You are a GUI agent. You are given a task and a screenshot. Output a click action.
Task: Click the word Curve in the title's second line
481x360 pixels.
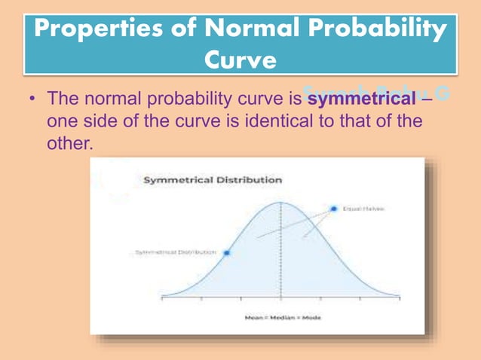240,59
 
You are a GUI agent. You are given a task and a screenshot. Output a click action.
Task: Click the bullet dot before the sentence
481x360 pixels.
30,99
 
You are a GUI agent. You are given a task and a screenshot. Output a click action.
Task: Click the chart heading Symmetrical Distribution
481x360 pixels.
213,180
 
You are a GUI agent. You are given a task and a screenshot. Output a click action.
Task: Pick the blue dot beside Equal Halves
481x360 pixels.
332,208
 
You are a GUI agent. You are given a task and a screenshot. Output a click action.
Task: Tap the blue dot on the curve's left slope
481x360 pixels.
227,252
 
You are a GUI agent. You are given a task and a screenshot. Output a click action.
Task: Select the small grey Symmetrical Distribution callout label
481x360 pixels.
176,252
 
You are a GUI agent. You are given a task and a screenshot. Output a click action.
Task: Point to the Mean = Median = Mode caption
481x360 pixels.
283,318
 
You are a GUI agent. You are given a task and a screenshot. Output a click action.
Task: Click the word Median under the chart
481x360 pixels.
283,318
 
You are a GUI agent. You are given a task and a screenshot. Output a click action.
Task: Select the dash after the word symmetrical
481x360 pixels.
427,99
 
